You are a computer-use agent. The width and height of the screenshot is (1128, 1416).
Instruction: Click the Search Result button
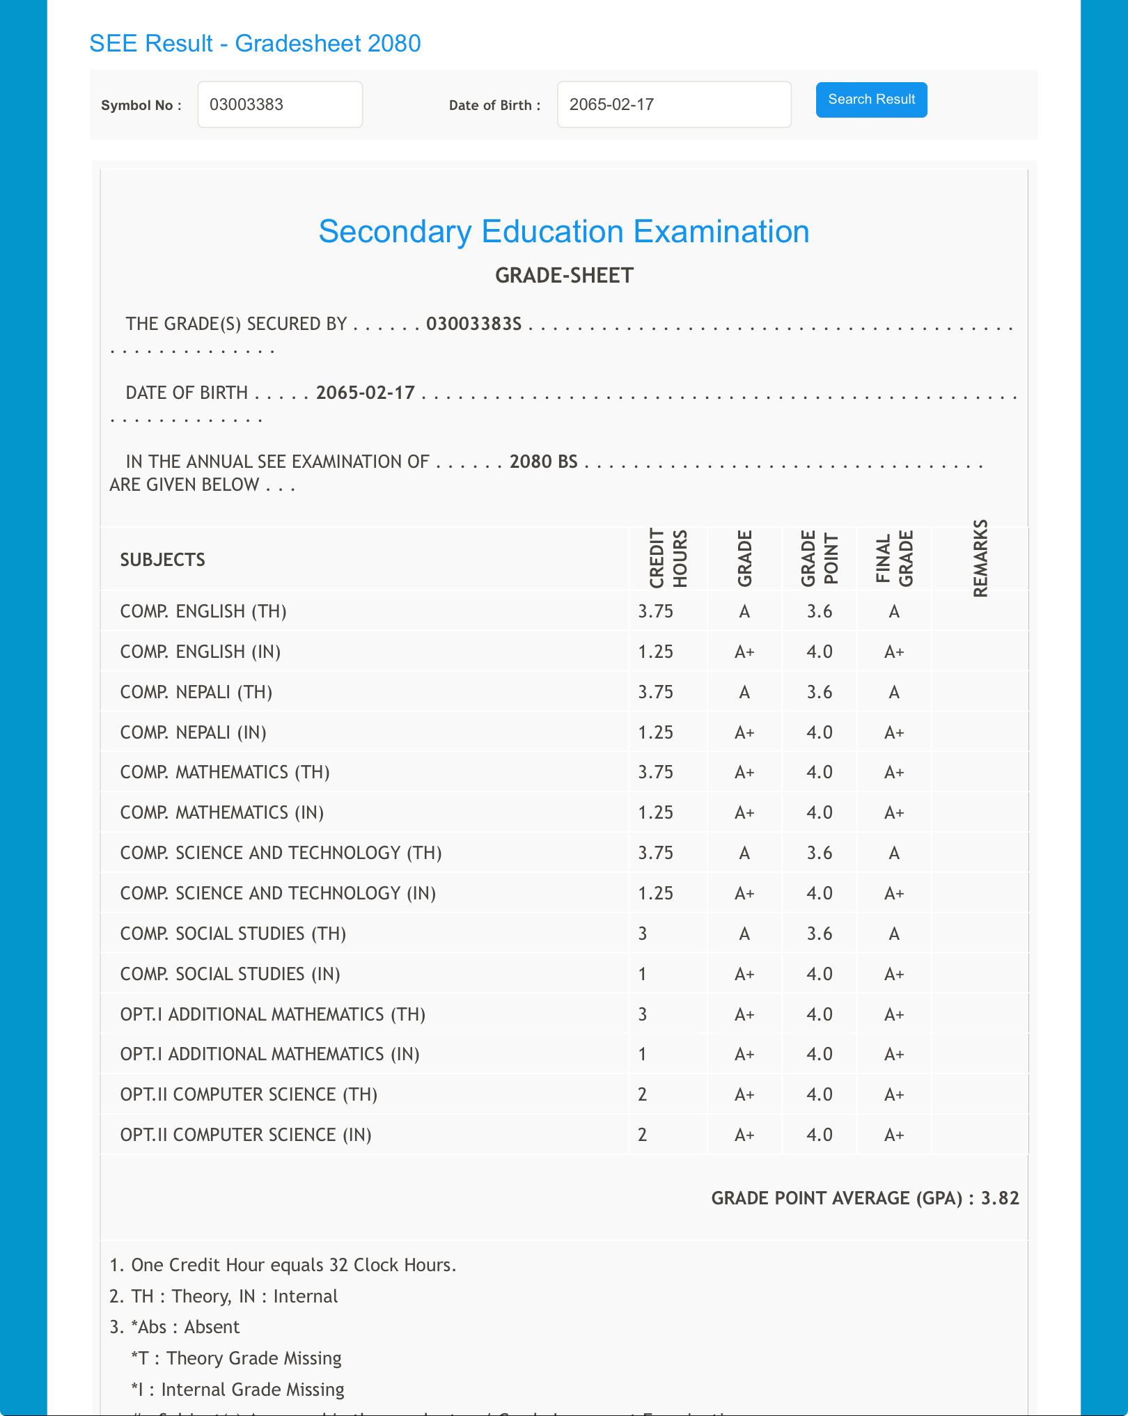871,100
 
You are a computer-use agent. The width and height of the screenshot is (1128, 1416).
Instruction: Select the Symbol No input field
280,104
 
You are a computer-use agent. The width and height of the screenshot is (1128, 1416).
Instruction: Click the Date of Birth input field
673,104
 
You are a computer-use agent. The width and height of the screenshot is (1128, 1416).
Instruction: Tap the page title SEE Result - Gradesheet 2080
255,43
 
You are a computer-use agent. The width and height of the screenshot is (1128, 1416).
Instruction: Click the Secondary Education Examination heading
563,232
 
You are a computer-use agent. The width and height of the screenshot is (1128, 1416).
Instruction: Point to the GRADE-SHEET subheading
564,276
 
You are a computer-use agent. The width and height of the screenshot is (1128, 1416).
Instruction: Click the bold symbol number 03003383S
473,324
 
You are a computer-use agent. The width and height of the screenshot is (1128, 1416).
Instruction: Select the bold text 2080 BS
543,462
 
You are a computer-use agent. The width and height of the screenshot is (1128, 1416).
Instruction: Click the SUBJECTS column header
162,560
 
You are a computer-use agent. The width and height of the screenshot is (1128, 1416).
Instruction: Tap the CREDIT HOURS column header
668,558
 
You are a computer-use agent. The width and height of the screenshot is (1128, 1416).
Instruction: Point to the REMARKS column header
980,558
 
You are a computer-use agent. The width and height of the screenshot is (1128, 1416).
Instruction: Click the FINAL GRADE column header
894,558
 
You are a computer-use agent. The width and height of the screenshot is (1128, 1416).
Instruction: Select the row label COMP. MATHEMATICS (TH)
225,772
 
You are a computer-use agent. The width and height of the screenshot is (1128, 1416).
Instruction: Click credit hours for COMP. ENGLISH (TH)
655,611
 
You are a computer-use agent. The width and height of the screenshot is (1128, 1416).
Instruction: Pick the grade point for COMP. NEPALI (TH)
820,692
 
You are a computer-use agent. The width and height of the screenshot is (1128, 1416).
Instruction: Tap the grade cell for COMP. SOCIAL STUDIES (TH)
744,934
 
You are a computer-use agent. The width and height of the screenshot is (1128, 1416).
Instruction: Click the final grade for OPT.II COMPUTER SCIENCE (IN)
894,1135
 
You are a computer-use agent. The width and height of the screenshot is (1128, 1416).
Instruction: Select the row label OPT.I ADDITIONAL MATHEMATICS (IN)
269,1054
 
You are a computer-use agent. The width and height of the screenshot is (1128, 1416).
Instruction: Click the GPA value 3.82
1000,1198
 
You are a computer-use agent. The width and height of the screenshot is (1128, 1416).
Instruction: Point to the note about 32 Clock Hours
283,1265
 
